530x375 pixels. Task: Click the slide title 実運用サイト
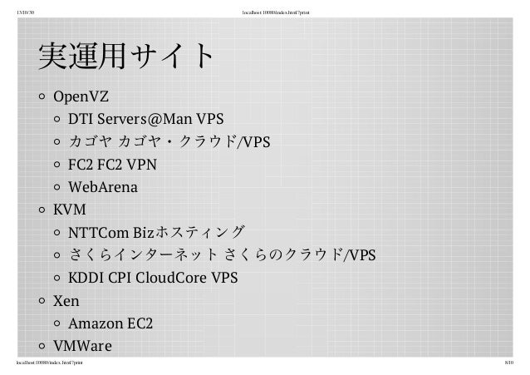[x=124, y=59]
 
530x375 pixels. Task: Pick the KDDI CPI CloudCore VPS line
[x=152, y=277]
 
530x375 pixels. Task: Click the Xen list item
[x=66, y=300]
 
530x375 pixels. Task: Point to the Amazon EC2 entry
[x=110, y=323]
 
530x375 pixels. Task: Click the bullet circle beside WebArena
[x=57, y=188]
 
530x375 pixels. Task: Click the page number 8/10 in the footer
[x=509, y=363]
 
